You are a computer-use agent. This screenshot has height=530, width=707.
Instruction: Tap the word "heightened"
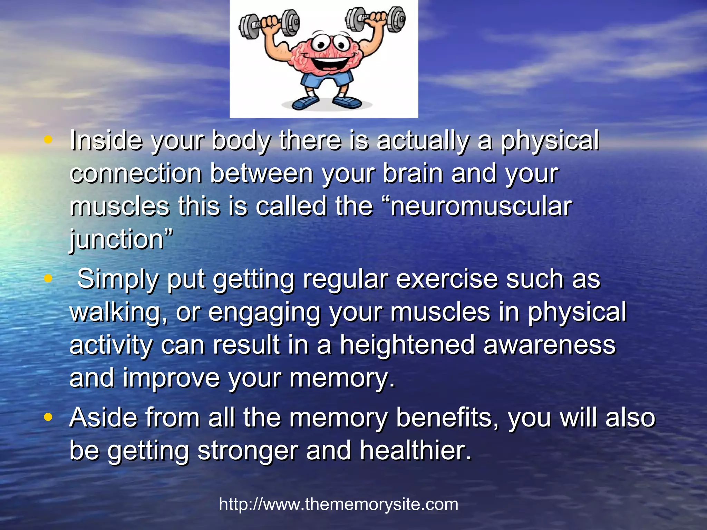pyautogui.click(x=407, y=345)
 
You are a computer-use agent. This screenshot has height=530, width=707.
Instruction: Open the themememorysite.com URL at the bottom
pyautogui.click(x=338, y=504)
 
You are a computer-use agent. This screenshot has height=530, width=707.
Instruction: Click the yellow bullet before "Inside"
pyautogui.click(x=48, y=140)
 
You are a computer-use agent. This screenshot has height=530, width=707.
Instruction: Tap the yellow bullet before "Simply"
pyautogui.click(x=48, y=278)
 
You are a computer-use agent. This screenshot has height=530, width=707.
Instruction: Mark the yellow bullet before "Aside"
pyautogui.click(x=48, y=417)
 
